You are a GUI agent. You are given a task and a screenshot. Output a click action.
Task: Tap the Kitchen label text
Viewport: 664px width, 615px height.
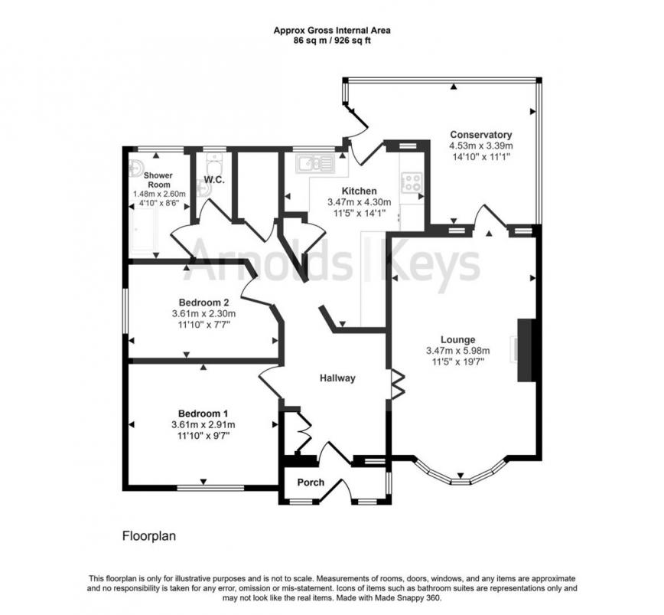coord(359,191)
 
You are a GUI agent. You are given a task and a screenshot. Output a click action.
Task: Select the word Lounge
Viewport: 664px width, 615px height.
coord(458,340)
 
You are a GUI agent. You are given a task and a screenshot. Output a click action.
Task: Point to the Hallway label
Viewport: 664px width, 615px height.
coord(337,378)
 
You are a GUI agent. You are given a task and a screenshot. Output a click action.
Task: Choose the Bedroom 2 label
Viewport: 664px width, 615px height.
coord(203,302)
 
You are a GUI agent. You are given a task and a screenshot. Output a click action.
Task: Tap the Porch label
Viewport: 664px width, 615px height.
coord(311,483)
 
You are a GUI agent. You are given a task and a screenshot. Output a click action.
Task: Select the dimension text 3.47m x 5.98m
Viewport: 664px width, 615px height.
coord(458,352)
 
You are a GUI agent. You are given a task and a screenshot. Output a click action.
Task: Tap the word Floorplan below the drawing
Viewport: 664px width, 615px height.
coord(149,536)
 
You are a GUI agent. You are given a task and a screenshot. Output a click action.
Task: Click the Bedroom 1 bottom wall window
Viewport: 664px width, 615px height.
coord(205,487)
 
